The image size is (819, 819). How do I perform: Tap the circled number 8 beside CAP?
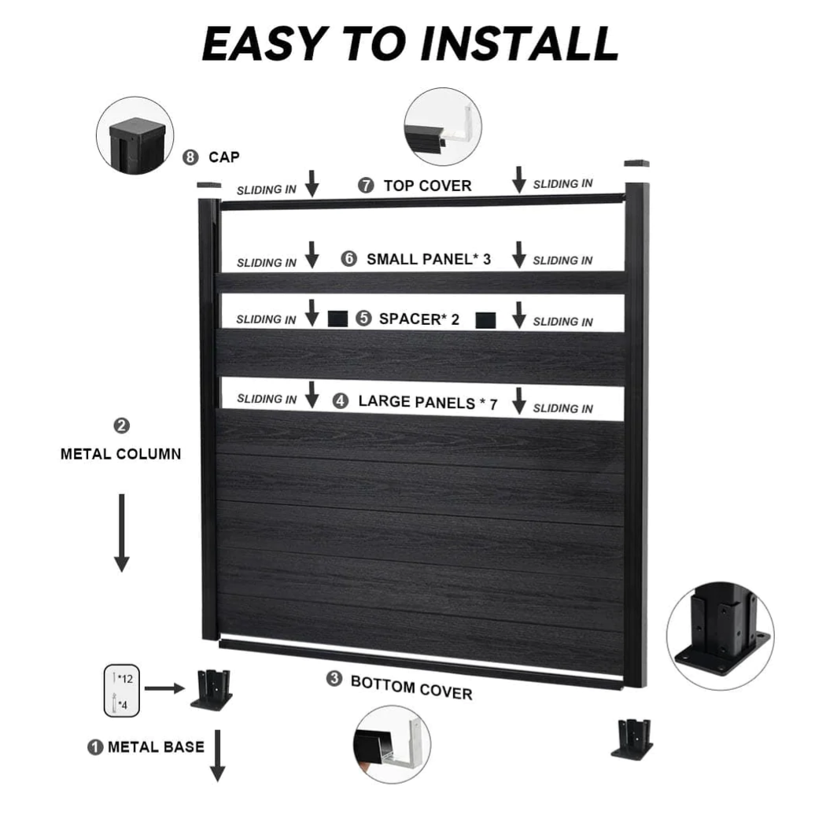(190, 157)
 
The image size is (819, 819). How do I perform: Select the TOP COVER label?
(427, 186)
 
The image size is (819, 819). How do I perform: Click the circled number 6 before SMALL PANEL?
(349, 259)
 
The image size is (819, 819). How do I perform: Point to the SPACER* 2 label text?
(419, 319)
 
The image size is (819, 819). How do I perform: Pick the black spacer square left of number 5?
(338, 319)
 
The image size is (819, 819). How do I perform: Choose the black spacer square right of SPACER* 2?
(486, 319)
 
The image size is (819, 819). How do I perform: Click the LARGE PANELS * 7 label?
(427, 402)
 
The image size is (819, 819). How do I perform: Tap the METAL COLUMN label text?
(120, 454)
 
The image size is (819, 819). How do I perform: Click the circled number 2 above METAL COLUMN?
(122, 426)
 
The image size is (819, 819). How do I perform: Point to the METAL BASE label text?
(156, 747)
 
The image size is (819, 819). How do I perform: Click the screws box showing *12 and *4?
(122, 690)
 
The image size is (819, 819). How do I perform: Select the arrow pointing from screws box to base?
(164, 688)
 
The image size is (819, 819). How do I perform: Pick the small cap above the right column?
(636, 164)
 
